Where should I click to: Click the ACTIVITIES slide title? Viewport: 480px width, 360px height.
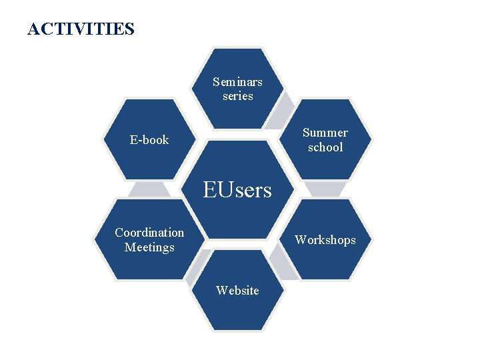click(81, 29)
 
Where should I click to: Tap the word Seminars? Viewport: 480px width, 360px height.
click(237, 82)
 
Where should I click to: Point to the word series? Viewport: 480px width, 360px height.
click(237, 96)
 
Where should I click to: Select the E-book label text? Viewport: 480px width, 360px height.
click(149, 140)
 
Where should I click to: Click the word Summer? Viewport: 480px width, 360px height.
click(325, 133)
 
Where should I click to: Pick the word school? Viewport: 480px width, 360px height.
click(325, 147)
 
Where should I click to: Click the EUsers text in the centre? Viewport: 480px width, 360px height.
click(237, 191)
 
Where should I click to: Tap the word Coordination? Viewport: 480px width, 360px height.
click(149, 233)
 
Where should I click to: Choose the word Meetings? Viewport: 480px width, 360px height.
click(149, 247)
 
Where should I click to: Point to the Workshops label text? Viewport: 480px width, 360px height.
click(325, 240)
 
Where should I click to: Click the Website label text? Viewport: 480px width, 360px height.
click(237, 290)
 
